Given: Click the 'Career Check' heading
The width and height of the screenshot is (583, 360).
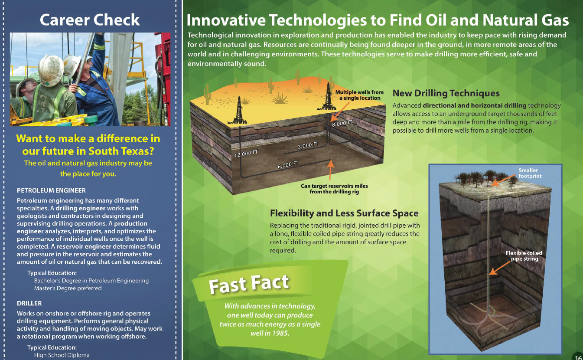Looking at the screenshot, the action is click(x=90, y=20).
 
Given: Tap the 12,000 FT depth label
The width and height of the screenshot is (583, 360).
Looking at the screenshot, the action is click(x=246, y=153).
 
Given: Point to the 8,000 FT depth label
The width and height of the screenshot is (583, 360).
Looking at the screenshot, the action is click(x=342, y=123).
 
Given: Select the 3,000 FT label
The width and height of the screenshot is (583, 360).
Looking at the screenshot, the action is click(x=308, y=145).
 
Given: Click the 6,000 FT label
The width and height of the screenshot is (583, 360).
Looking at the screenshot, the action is click(x=288, y=165).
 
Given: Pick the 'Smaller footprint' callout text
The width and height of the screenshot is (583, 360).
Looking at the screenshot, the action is click(x=530, y=173).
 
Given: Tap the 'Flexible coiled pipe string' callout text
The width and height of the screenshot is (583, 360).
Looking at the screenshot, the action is click(x=524, y=256).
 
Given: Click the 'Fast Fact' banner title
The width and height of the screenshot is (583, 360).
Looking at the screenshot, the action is click(x=249, y=284).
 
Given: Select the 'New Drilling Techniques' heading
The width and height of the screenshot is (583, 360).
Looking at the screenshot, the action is click(x=446, y=93).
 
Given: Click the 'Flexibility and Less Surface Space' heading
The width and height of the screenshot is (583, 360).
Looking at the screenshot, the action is click(x=344, y=213).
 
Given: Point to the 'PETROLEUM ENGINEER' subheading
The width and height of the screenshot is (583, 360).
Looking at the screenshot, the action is click(x=51, y=190).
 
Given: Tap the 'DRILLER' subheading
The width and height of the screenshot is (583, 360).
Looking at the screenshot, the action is click(x=29, y=303).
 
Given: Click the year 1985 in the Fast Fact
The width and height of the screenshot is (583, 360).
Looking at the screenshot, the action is click(x=280, y=333).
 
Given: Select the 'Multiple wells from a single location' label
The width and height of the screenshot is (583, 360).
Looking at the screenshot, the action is click(x=359, y=95).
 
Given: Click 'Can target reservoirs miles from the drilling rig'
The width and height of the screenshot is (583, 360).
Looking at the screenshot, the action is click(x=334, y=189).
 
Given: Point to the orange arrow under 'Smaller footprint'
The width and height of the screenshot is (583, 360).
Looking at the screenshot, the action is click(x=504, y=180).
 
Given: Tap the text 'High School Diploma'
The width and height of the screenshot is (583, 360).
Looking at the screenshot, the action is click(x=62, y=355).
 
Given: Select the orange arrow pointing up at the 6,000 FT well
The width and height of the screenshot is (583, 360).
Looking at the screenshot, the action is click(x=330, y=170).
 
